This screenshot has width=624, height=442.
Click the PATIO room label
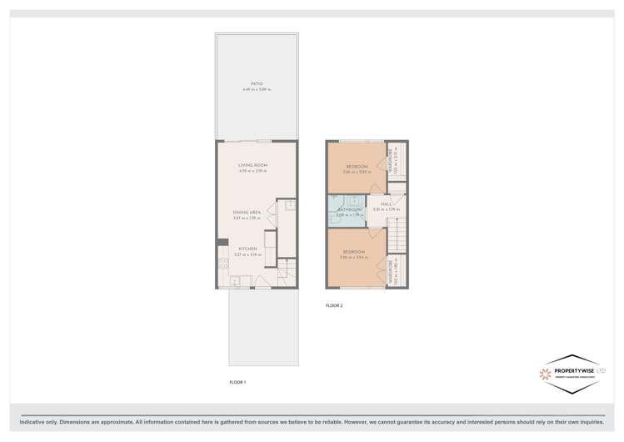click(x=257, y=83)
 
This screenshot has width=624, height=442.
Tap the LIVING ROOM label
click(x=251, y=165)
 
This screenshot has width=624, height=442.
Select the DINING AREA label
click(x=248, y=213)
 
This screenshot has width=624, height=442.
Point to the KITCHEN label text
click(x=247, y=249)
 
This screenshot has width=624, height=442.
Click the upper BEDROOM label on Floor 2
click(x=357, y=167)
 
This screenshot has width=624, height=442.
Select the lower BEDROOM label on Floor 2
click(x=353, y=251)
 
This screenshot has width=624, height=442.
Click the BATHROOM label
click(x=348, y=209)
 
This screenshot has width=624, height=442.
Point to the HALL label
click(x=387, y=203)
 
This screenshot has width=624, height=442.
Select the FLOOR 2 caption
click(x=334, y=306)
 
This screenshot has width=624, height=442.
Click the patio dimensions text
click(x=257, y=89)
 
